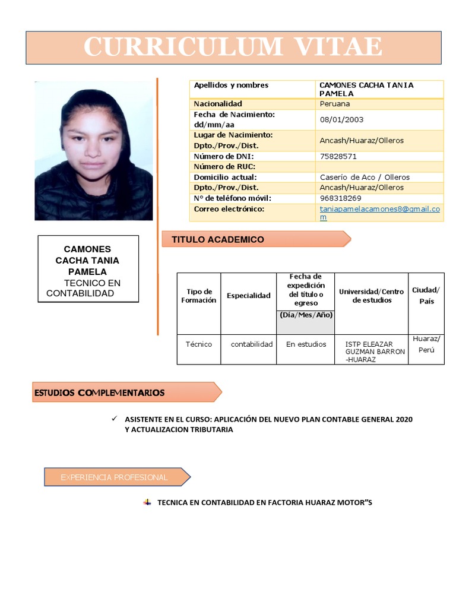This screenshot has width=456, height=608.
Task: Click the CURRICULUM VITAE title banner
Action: (233, 47)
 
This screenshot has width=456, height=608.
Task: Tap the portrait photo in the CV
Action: (94, 151)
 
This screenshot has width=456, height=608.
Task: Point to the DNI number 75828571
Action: (338, 156)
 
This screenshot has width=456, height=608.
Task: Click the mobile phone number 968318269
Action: (340, 198)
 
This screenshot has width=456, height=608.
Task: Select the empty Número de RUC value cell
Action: (379, 167)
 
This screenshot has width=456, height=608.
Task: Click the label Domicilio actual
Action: (225, 177)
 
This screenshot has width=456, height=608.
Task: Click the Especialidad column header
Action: (248, 296)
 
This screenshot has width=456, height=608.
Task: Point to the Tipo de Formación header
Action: (199, 296)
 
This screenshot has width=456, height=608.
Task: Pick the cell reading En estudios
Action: (306, 344)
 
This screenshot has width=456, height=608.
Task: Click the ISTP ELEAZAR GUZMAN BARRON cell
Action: (371, 351)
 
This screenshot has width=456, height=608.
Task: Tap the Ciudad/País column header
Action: (426, 296)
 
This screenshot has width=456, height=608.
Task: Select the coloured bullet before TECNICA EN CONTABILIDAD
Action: (147, 502)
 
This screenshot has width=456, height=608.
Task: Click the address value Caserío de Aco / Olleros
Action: (365, 177)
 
